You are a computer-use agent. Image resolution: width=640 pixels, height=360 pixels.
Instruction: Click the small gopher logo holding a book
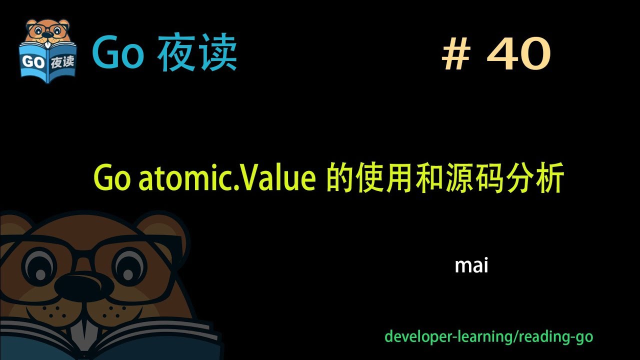[47, 50]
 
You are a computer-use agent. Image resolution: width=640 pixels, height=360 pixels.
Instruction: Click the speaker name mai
[471, 265]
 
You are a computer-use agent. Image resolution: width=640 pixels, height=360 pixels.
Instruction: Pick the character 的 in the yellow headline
[338, 179]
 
